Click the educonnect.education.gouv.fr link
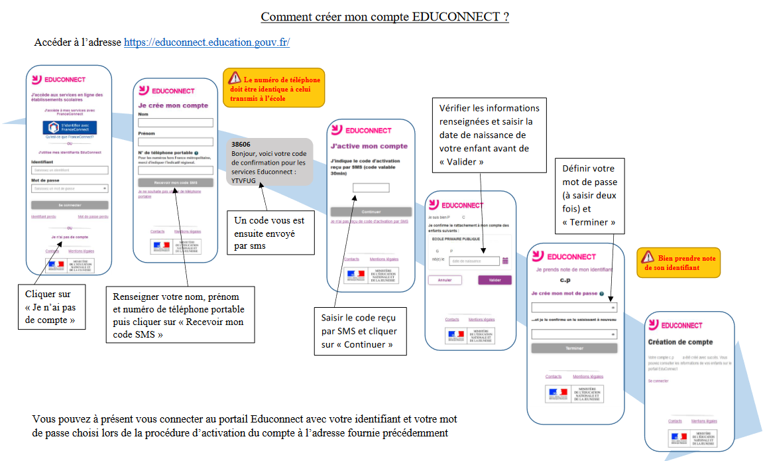pyautogui.click(x=207, y=42)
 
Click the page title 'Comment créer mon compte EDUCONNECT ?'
pyautogui.click(x=384, y=17)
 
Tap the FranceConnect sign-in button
pyautogui.click(x=70, y=127)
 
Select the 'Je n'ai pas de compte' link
pyautogui.click(x=70, y=237)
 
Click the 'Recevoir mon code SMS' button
pyautogui.click(x=176, y=182)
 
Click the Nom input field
pyautogui.click(x=176, y=123)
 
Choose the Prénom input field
pyautogui.click(x=176, y=141)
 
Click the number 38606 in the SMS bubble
pyautogui.click(x=241, y=144)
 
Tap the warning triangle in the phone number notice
pyautogui.click(x=235, y=78)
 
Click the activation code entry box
pyautogui.click(x=371, y=188)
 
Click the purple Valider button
pyautogui.click(x=495, y=280)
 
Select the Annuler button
pyautogui.click(x=445, y=280)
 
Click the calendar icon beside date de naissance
pyautogui.click(x=505, y=261)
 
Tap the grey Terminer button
pyautogui.click(x=574, y=348)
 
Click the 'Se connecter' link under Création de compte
pyautogui.click(x=658, y=381)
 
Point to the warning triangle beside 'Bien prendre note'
pyautogui.click(x=647, y=257)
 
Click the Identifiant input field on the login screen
pyautogui.click(x=70, y=170)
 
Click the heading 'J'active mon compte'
pyautogui.click(x=369, y=146)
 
